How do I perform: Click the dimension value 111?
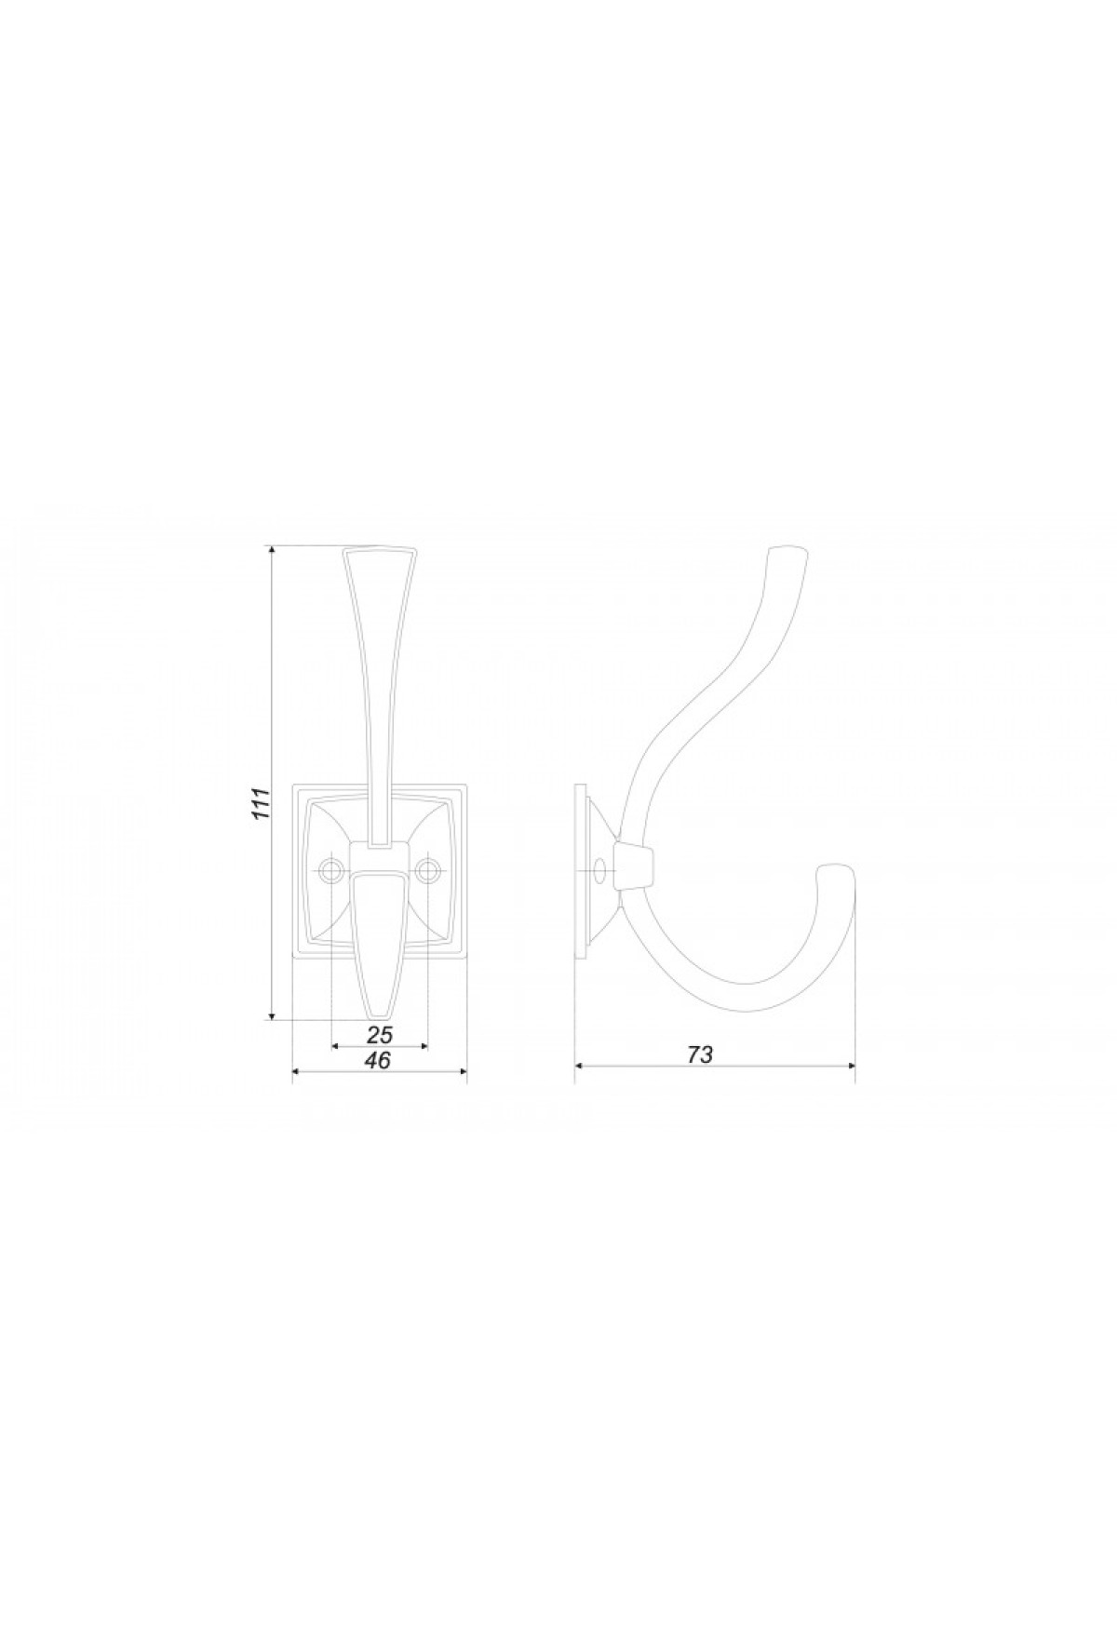262,802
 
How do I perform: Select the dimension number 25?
381,1033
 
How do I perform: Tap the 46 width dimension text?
378,1060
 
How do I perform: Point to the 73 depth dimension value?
700,1054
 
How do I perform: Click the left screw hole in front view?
331,870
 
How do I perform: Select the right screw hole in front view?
428,870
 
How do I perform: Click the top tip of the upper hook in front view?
380,546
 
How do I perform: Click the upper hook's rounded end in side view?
787,551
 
